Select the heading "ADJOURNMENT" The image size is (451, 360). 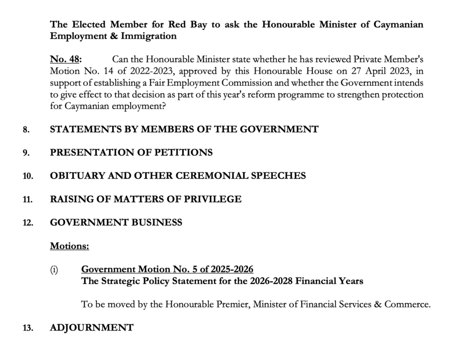[92, 327]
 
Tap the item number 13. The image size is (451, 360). [28, 328]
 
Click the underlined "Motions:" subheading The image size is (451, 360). [69, 246]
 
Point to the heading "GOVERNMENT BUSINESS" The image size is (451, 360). [116, 222]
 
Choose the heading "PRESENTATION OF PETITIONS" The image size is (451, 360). [131, 152]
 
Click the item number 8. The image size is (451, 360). [26, 129]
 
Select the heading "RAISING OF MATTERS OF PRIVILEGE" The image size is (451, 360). [146, 199]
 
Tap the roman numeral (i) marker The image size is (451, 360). [54, 269]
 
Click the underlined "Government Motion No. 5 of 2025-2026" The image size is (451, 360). [167, 269]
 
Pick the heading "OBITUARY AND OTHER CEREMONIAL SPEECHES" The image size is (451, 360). [178, 175]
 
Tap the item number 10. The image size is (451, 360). [28, 176]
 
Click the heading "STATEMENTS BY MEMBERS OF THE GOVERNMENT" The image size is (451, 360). [184, 129]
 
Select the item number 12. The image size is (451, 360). [28, 222]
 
